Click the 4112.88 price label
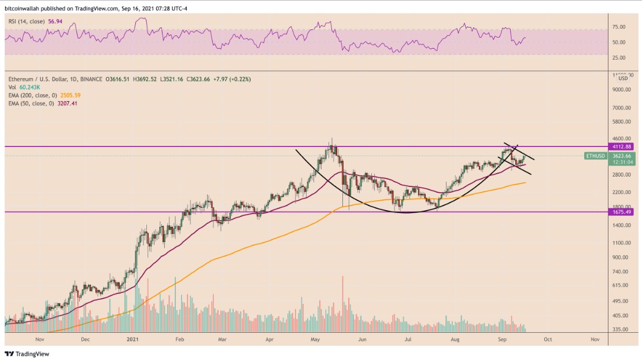point(625,146)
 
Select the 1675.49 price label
point(625,212)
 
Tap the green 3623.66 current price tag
point(625,156)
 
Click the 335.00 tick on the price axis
point(620,329)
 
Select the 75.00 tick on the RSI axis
point(619,27)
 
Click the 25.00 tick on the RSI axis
point(619,57)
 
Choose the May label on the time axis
point(315,340)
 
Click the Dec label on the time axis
point(85,340)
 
